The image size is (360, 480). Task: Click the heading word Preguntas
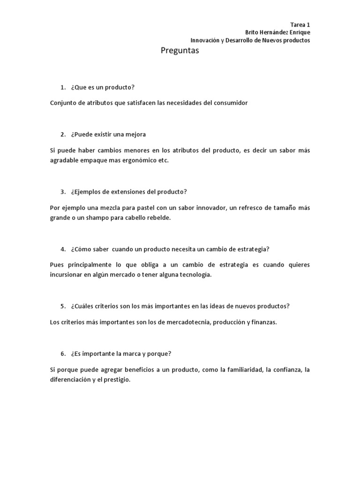(x=180, y=51)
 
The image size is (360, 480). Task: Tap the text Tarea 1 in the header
(x=300, y=24)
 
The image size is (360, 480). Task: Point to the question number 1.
(x=62, y=88)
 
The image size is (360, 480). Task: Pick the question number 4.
(x=62, y=249)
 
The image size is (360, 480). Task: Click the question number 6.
(x=62, y=353)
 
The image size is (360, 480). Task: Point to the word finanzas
(x=264, y=322)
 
